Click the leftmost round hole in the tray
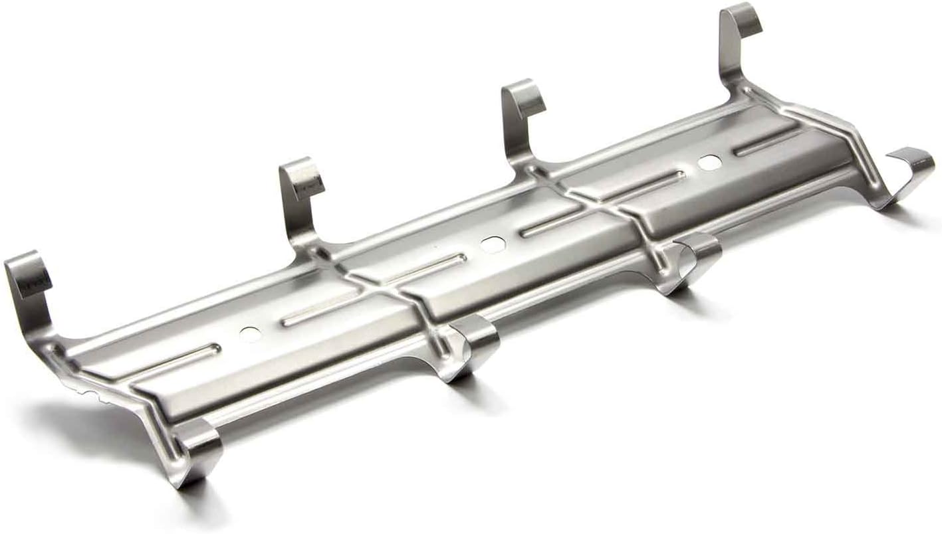[x=251, y=331]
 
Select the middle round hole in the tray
[x=493, y=244]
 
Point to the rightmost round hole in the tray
[x=709, y=161]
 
